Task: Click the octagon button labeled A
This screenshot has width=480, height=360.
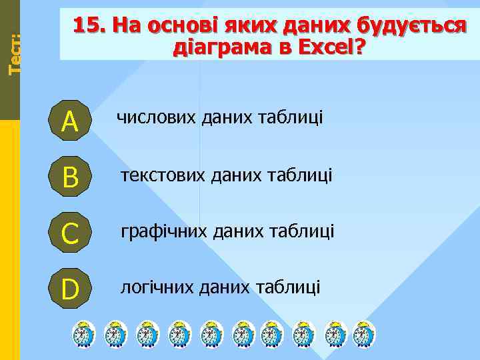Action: (69, 121)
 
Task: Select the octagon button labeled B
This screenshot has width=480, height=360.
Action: (69, 177)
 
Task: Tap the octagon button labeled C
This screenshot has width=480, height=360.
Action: (69, 233)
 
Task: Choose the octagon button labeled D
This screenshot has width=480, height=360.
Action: (69, 289)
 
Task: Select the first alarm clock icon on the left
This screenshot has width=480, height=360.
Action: (84, 333)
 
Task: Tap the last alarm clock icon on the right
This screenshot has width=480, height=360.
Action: (364, 333)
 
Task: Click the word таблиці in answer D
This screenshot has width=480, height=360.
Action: (293, 287)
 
